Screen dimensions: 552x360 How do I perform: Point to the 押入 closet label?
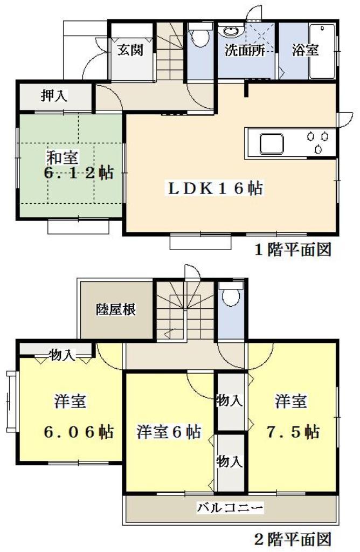tap(54, 96)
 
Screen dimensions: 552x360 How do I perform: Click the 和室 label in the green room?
tap(63, 158)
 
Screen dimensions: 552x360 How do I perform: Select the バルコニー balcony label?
tap(230, 507)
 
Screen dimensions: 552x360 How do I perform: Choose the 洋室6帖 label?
tap(169, 432)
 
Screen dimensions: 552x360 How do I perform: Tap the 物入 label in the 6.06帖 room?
tap(61, 354)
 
